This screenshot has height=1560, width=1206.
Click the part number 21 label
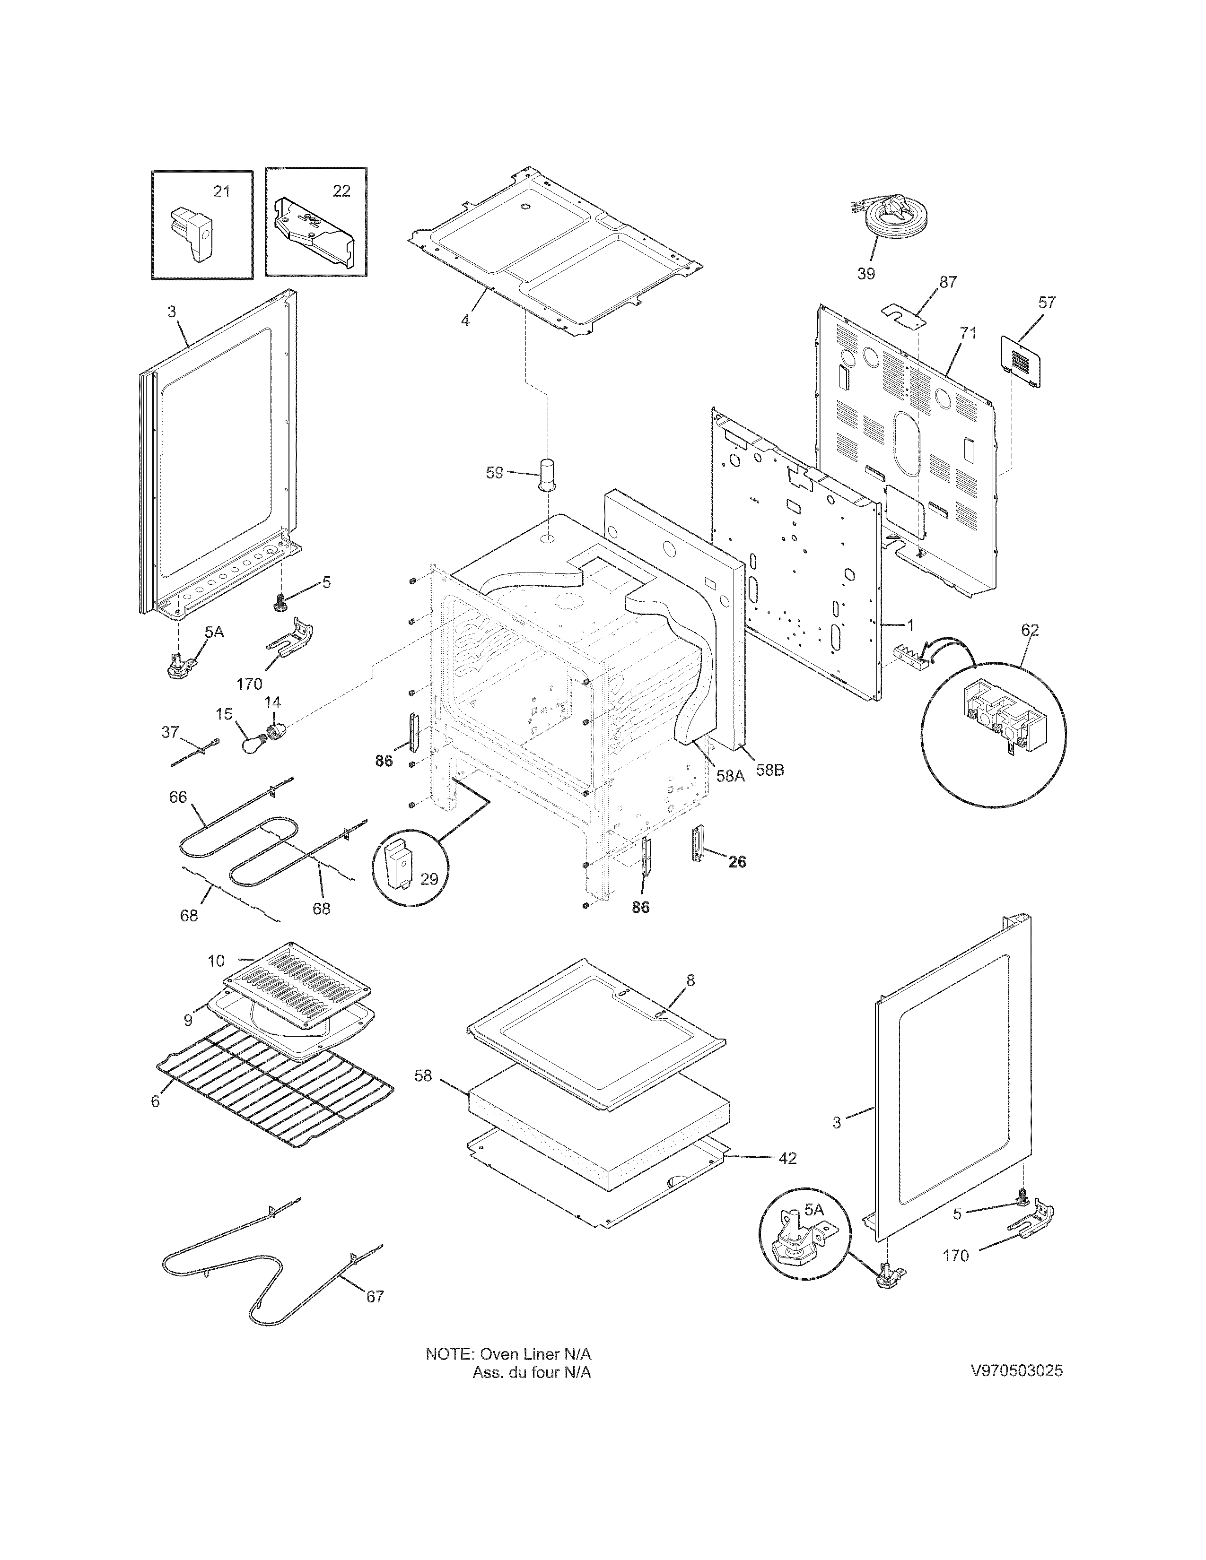pos(221,191)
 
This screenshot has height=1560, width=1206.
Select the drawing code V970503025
pos(1016,1371)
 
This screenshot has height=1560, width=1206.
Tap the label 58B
pos(769,771)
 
